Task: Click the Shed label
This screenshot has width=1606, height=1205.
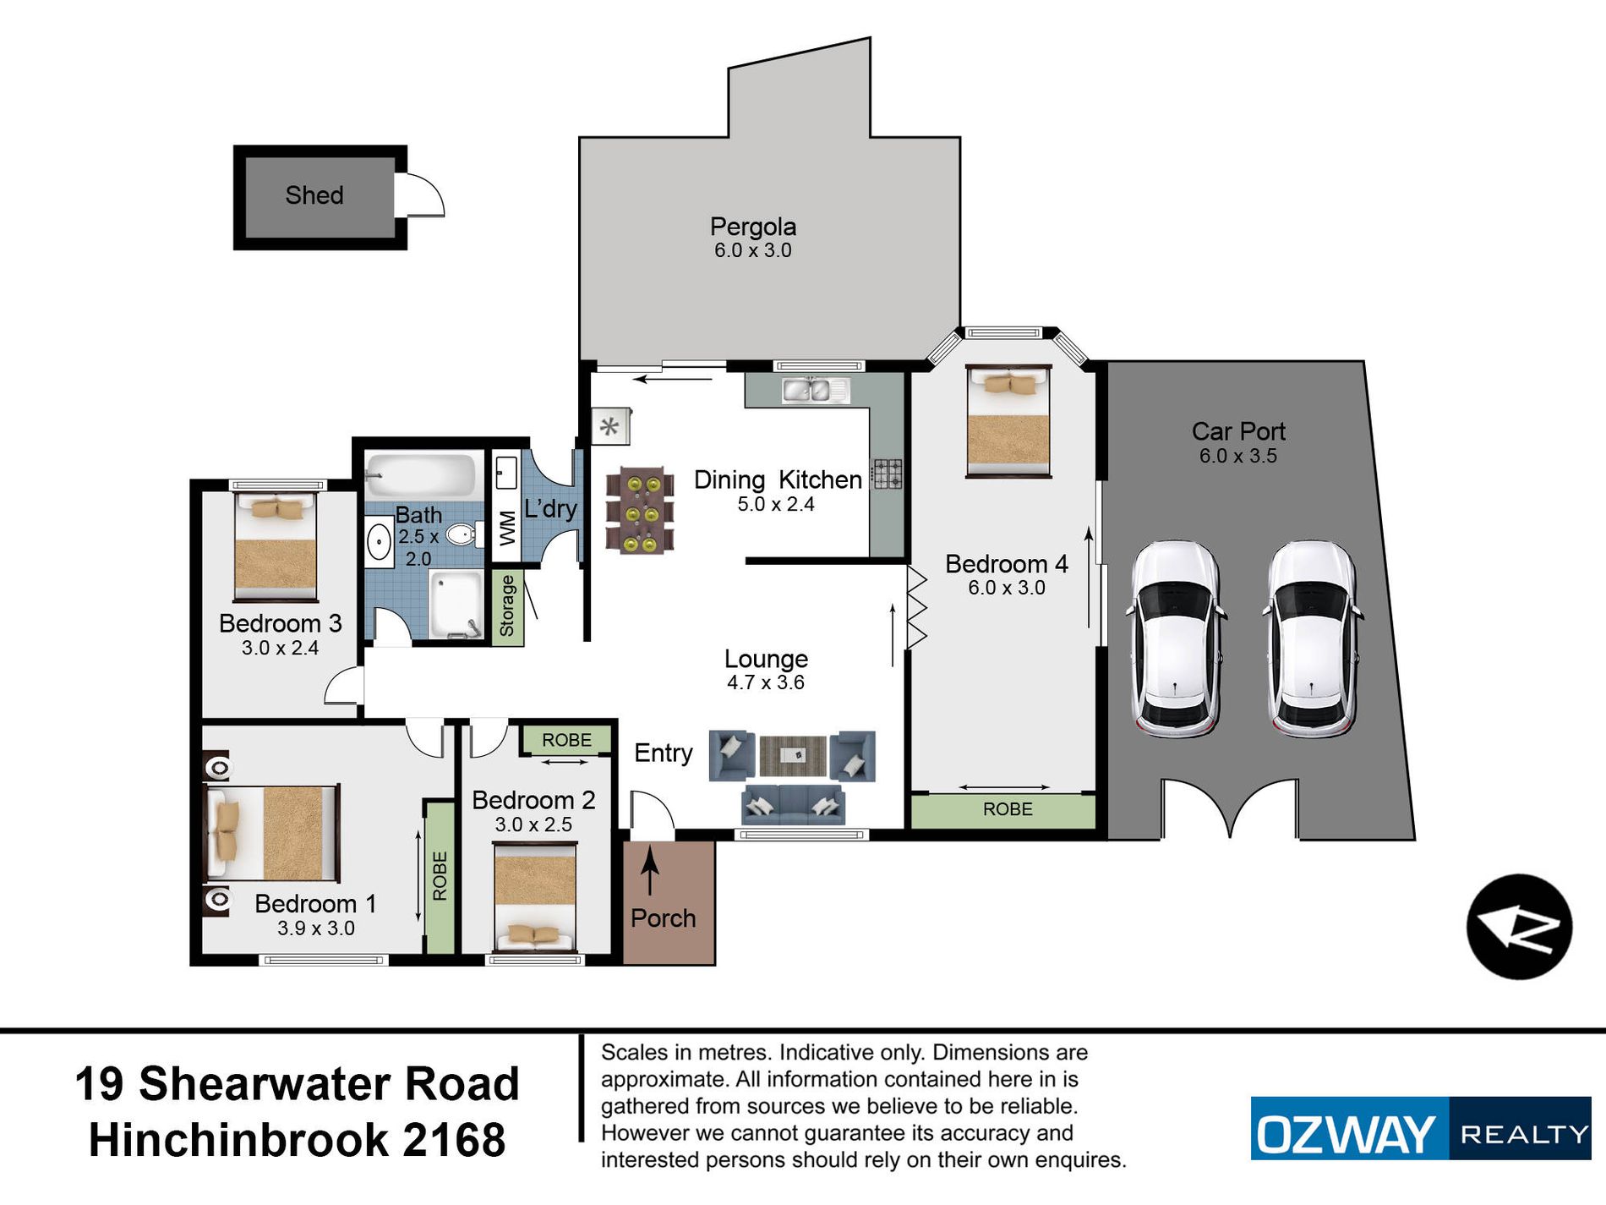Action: pos(314,195)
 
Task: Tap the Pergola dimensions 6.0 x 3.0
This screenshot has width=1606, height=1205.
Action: pos(752,250)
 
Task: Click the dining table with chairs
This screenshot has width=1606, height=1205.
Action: pos(640,510)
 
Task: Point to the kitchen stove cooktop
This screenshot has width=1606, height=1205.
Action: pos(888,474)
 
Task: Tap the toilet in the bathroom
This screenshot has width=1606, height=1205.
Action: pos(464,534)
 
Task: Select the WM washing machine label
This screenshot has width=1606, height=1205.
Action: pos(506,529)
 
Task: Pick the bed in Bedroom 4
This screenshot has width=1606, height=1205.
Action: pos(1008,421)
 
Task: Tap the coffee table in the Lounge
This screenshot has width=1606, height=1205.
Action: pos(793,755)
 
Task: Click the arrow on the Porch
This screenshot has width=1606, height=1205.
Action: pos(649,871)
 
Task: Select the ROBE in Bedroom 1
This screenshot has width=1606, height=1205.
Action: pos(440,876)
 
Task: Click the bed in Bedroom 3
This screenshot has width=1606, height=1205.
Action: pos(276,546)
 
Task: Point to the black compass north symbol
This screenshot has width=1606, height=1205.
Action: pos(1519,927)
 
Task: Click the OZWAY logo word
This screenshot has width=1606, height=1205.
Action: pos(1346,1134)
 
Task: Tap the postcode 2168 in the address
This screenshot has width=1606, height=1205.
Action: pos(454,1139)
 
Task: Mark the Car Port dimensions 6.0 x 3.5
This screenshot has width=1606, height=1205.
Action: pos(1237,456)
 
